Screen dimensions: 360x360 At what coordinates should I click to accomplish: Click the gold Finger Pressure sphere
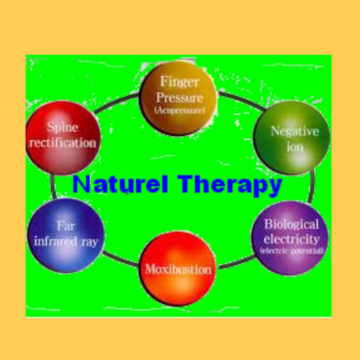178,98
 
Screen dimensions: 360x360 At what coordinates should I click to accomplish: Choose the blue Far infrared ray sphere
66,235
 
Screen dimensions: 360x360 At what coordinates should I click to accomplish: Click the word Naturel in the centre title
120,185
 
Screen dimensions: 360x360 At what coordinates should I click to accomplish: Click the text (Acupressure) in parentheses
180,110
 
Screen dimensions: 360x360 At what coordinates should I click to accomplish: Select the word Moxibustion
178,269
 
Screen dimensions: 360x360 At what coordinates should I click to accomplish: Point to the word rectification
63,143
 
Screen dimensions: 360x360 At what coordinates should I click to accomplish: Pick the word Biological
292,224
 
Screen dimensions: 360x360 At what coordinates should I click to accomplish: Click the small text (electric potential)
292,251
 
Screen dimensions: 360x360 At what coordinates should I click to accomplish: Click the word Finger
180,82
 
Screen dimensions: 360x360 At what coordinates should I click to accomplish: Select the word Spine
62,128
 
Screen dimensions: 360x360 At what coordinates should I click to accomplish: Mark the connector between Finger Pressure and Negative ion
240,100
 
